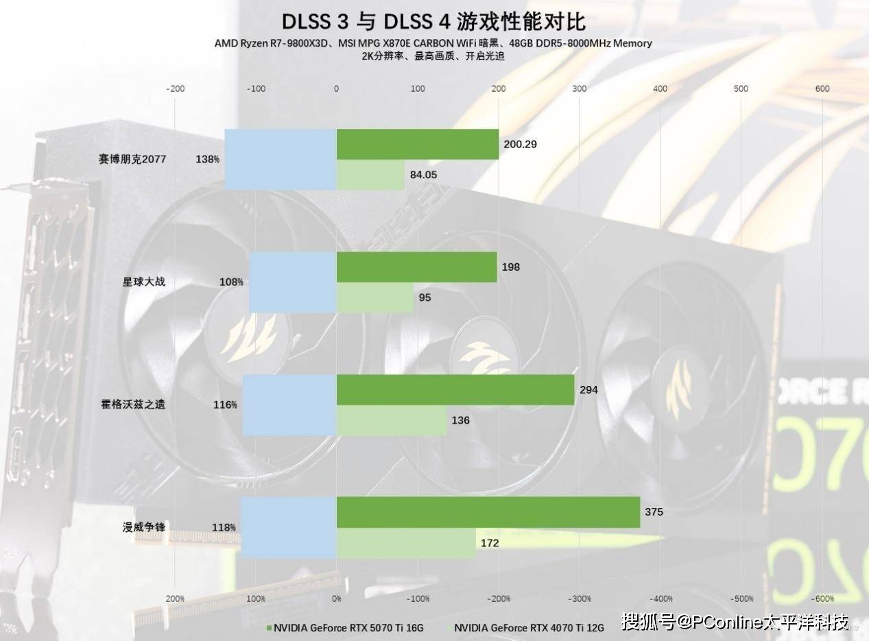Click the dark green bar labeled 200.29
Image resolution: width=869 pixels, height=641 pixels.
(417, 144)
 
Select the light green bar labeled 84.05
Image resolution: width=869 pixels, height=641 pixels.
(370, 175)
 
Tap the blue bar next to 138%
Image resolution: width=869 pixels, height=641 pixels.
(281, 159)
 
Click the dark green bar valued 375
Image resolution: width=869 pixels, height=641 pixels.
(488, 512)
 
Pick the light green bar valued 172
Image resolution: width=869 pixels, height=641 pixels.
(405, 543)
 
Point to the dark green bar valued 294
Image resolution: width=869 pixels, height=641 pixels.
(455, 389)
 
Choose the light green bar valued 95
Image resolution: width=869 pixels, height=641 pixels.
(374, 298)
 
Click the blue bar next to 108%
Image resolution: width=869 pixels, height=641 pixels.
(293, 282)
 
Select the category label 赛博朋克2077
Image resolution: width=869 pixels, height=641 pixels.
(132, 159)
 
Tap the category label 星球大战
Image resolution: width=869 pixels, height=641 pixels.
(144, 282)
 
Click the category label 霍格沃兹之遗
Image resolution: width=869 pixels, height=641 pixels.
(133, 404)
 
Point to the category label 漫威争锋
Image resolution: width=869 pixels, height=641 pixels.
(144, 527)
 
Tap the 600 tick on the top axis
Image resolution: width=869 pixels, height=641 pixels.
(822, 88)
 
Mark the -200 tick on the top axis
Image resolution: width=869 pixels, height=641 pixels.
(176, 88)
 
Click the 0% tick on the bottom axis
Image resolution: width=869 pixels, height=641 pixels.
(337, 598)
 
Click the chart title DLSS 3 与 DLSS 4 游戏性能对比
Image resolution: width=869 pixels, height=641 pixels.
(434, 21)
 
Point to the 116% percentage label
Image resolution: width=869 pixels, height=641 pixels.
(225, 404)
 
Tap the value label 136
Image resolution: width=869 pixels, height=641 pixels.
(460, 420)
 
